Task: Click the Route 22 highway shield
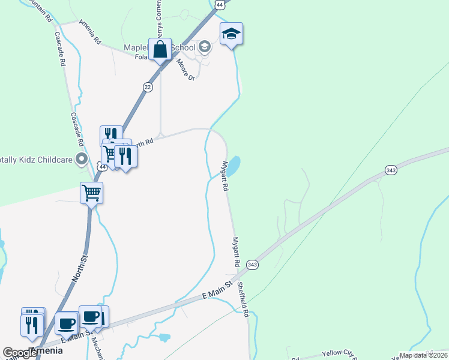(x=148, y=87)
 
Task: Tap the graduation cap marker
(x=231, y=34)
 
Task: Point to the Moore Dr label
(x=185, y=69)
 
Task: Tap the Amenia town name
(x=46, y=350)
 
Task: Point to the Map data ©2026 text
(x=423, y=355)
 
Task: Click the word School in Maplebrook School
(x=183, y=47)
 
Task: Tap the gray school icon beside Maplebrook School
(x=204, y=47)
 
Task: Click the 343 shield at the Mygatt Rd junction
(x=253, y=264)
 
